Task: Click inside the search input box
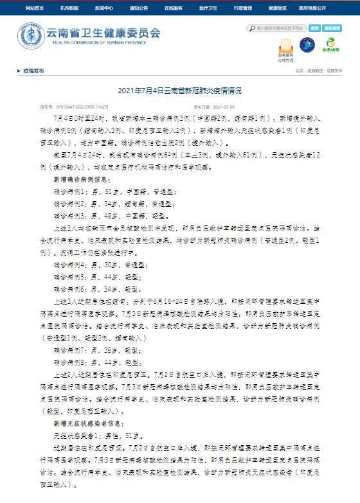click(277, 29)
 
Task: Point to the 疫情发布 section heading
click(33, 71)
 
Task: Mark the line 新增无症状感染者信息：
click(84, 425)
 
